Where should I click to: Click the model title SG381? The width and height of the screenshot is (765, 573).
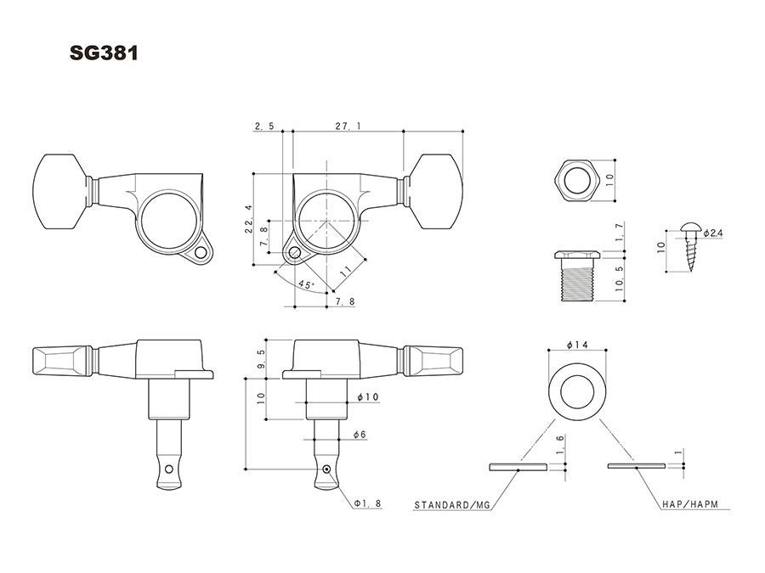[104, 53]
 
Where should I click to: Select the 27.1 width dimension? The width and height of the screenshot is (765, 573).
[347, 126]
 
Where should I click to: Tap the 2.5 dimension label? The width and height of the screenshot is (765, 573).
[263, 126]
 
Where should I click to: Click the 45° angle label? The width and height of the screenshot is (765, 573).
[306, 284]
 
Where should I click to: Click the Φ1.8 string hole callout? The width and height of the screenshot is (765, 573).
[368, 503]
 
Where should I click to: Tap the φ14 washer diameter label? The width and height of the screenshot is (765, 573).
[577, 346]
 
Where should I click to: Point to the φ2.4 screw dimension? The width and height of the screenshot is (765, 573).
[711, 233]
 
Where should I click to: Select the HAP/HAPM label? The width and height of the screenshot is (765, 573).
[689, 504]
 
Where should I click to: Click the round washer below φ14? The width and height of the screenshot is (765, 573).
[577, 393]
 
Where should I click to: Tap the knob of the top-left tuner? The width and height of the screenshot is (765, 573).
[61, 192]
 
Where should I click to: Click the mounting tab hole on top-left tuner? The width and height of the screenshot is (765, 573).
[202, 252]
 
